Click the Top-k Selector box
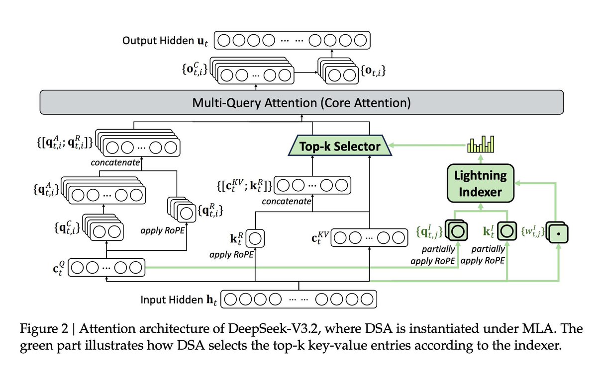[340, 146]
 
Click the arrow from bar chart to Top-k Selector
[428, 146]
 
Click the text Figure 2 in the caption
[39, 329]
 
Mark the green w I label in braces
[531, 231]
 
